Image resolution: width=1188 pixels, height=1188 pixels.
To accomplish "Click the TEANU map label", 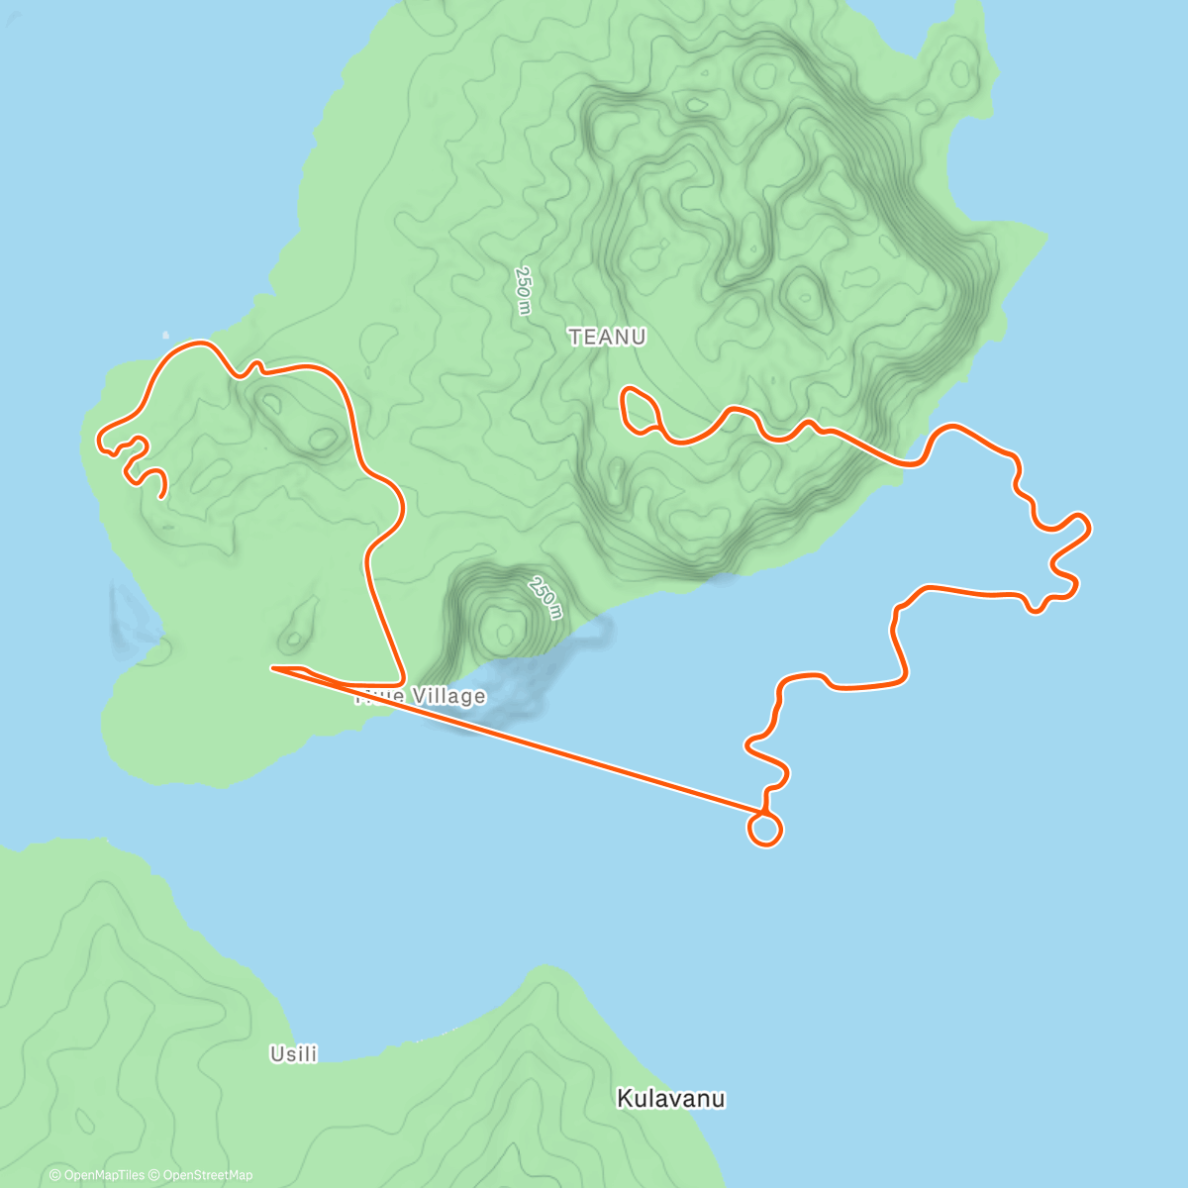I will tap(608, 338).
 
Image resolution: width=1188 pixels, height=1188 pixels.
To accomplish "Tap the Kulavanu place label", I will tap(670, 1099).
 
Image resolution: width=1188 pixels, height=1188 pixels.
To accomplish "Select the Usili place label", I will tap(294, 1054).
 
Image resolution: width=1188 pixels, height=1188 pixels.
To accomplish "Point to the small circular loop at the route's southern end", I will tap(764, 830).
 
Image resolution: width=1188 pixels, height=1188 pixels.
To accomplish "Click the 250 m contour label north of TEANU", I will tap(524, 290).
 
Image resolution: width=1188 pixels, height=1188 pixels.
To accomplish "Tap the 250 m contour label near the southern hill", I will tap(545, 598).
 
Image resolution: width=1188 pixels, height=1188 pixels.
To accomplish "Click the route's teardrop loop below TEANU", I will tap(637, 408).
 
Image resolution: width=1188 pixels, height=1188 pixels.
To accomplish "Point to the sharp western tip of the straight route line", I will tap(273, 668).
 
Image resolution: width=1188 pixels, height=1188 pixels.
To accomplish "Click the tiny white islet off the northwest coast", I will tap(165, 335).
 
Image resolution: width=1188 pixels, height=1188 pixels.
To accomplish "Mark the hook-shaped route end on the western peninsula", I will tap(159, 484).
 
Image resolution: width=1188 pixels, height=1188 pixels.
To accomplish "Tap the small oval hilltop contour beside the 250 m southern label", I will tap(504, 628).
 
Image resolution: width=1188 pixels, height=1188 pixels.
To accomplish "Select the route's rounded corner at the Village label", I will tap(399, 681).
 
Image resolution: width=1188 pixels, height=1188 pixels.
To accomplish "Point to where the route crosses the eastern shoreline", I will tap(904, 463).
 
